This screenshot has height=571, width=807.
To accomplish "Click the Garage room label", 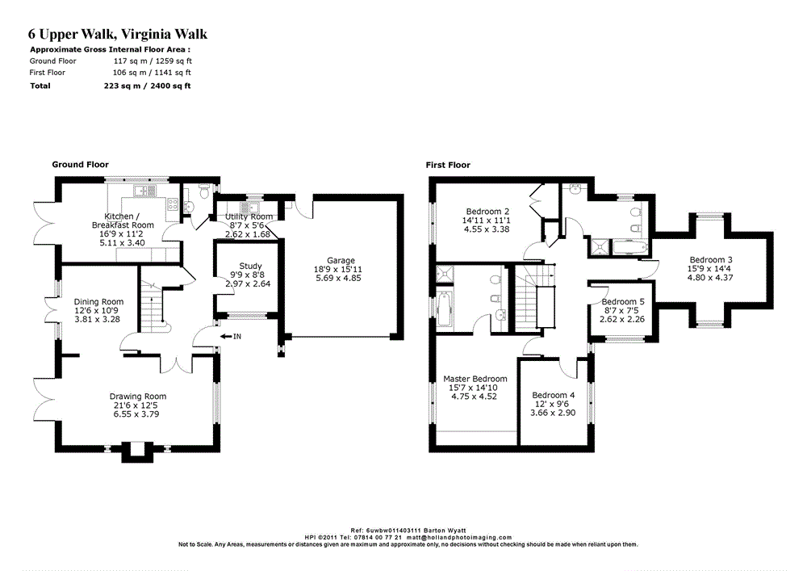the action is pyautogui.click(x=341, y=261).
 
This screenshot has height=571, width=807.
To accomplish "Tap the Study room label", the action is pyautogui.click(x=251, y=267).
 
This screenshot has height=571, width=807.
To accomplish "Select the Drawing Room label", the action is pyautogui.click(x=138, y=397).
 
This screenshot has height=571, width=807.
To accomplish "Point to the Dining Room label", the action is pyautogui.click(x=98, y=302).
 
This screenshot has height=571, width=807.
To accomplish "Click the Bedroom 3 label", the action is pyautogui.click(x=711, y=260).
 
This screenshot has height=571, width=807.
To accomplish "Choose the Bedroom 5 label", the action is pyautogui.click(x=623, y=302).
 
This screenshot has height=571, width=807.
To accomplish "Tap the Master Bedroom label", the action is pyautogui.click(x=475, y=379).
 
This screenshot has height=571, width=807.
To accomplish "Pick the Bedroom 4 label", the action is pyautogui.click(x=554, y=396).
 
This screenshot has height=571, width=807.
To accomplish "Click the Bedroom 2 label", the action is pyautogui.click(x=487, y=212).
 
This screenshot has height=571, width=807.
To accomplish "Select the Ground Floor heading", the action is pyautogui.click(x=80, y=165).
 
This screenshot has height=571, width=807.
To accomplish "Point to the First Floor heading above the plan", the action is pyautogui.click(x=448, y=166).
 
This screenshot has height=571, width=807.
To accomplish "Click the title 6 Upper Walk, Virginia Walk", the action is pyautogui.click(x=118, y=34).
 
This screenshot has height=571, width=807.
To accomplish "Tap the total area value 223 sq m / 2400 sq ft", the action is pyautogui.click(x=147, y=86).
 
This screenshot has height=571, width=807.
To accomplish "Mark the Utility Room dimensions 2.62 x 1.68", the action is pyautogui.click(x=248, y=234).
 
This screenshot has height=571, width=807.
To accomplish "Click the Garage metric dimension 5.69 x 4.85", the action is pyautogui.click(x=339, y=278).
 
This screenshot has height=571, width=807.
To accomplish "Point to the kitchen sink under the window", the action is pyautogui.click(x=144, y=191).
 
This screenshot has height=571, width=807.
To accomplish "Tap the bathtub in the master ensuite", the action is pyautogui.click(x=444, y=309).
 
